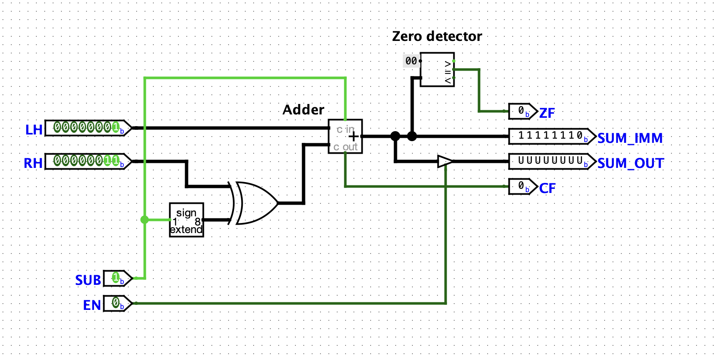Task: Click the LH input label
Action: pyautogui.click(x=33, y=129)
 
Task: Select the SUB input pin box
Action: pyautogui.click(x=117, y=278)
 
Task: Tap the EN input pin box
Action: pyautogui.click(x=117, y=303)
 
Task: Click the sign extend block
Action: pyautogui.click(x=186, y=220)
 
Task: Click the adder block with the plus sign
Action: pyautogui.click(x=345, y=137)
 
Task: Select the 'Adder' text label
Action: pyautogui.click(x=303, y=110)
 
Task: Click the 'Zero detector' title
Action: pyautogui.click(x=437, y=36)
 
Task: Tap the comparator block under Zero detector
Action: pyautogui.click(x=437, y=69)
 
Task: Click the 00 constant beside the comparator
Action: pyautogui.click(x=411, y=61)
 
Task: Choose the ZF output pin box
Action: pyautogui.click(x=521, y=112)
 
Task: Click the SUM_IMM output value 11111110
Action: pyautogui.click(x=551, y=136)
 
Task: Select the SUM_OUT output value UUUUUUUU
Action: pyautogui.click(x=551, y=161)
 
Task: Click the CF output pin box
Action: pyautogui.click(x=521, y=187)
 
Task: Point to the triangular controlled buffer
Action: pyautogui.click(x=445, y=161)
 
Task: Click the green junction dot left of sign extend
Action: pyautogui.click(x=145, y=220)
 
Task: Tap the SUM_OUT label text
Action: pyautogui.click(x=631, y=163)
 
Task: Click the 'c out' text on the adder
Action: pyautogui.click(x=346, y=147)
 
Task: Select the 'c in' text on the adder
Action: pyautogui.click(x=346, y=129)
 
